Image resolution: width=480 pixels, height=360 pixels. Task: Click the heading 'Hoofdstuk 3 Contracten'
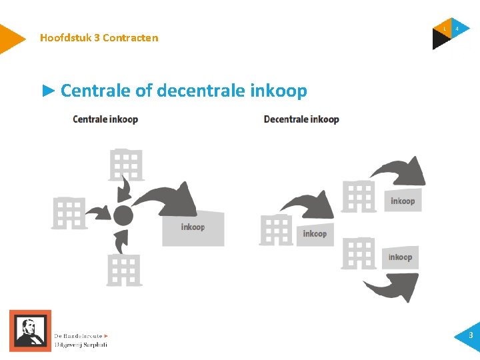(99, 38)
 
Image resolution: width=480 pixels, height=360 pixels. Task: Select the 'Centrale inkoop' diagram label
(105, 120)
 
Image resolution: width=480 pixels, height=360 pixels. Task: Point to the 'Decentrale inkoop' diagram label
(301, 120)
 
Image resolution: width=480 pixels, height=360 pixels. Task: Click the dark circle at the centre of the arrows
(123, 215)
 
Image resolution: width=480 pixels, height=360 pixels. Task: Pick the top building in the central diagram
(126, 165)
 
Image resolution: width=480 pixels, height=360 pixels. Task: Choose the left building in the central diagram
(69, 213)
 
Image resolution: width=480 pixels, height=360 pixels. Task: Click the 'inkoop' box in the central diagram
(193, 229)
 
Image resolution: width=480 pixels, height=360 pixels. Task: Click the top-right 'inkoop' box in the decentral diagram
(403, 201)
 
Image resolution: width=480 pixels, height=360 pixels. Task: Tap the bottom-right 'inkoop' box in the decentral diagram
(400, 257)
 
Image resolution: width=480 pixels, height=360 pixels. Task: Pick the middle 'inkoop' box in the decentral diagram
(315, 234)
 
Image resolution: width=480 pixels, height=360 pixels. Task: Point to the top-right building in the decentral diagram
(359, 196)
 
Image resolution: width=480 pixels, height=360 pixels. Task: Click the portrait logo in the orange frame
(29, 330)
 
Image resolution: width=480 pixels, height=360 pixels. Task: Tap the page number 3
(470, 335)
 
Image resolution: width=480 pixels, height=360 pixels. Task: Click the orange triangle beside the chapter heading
(10, 39)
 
